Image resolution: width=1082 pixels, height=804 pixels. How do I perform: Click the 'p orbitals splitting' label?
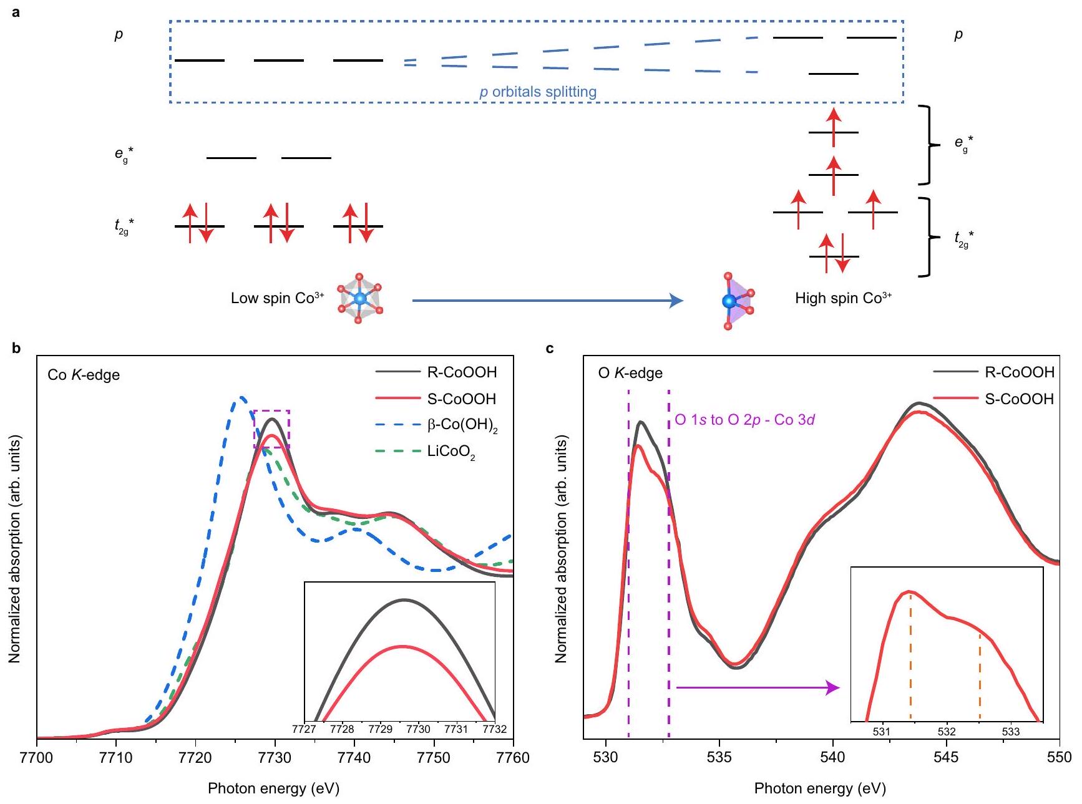(x=538, y=92)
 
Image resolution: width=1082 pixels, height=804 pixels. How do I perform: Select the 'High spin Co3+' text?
(x=843, y=298)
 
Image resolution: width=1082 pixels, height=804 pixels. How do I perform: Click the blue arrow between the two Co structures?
(x=547, y=301)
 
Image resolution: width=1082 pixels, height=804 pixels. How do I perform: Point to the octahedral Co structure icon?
(x=359, y=299)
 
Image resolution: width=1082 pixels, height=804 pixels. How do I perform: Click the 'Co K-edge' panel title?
(x=84, y=375)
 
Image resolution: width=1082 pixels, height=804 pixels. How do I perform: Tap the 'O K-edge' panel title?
(x=630, y=374)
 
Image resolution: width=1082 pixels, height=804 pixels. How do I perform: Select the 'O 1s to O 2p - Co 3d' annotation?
(x=745, y=420)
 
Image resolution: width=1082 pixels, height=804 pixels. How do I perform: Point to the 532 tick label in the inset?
(x=947, y=732)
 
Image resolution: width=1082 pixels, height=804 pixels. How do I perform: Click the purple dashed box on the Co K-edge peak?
(x=271, y=429)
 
